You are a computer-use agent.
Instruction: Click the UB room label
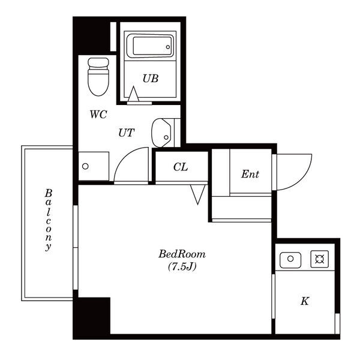click(151, 79)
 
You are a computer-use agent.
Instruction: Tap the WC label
click(98, 115)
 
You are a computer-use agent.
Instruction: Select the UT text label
click(126, 133)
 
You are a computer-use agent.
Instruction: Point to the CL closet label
click(181, 167)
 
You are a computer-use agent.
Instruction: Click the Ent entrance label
click(250, 174)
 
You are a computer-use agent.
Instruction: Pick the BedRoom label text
click(182, 254)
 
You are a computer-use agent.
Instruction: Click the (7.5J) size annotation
click(182, 266)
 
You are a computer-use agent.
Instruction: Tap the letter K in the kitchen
click(305, 301)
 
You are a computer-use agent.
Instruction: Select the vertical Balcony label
click(48, 220)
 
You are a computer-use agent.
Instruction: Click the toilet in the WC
click(98, 77)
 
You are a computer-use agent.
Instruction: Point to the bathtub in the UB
click(149, 46)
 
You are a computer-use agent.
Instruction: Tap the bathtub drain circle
click(168, 47)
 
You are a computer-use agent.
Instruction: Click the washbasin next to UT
click(161, 133)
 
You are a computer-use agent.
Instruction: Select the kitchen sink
click(290, 260)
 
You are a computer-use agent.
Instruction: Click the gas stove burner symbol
click(320, 259)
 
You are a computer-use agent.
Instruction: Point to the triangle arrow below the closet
click(197, 194)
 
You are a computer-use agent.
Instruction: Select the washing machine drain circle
click(85, 166)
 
